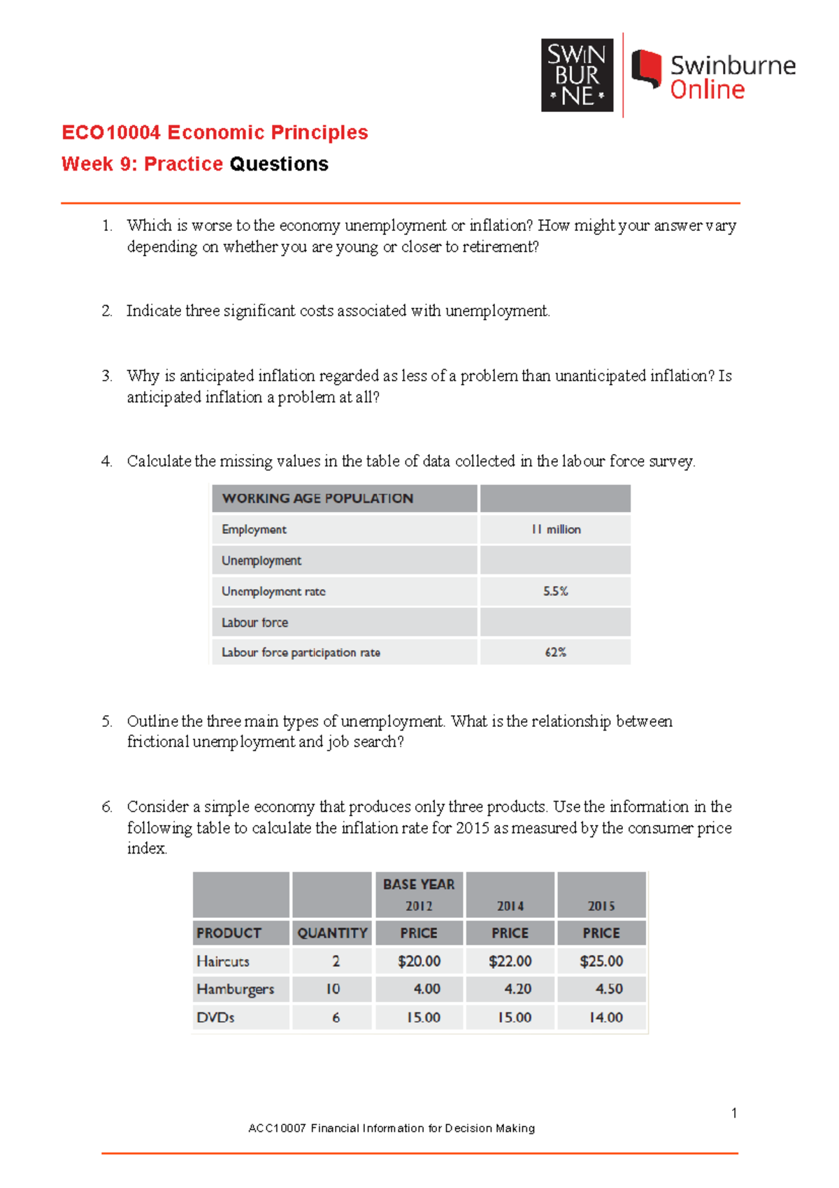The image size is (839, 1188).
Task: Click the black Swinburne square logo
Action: tap(577, 75)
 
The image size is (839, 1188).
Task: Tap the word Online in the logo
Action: tap(707, 90)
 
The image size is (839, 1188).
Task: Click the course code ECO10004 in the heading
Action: tap(111, 132)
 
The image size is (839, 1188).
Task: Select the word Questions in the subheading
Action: tap(278, 164)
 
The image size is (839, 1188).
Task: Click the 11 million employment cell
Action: tap(556, 530)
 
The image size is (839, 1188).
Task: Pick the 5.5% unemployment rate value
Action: tap(556, 591)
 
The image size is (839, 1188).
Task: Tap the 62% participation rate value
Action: tap(556, 652)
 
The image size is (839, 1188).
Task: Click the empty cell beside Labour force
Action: tap(556, 622)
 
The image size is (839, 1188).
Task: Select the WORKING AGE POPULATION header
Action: tap(317, 498)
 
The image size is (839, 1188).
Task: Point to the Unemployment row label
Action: tap(261, 560)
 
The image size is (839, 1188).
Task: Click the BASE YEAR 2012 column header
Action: tap(419, 894)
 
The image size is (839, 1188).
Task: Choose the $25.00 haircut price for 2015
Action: tap(601, 961)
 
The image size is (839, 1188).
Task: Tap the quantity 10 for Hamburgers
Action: tap(333, 989)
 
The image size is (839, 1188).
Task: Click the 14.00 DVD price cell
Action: tap(605, 1017)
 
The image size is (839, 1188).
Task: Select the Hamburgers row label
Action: tap(236, 989)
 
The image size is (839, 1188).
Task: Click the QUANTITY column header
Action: tap(332, 933)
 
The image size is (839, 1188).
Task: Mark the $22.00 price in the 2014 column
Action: tap(510, 961)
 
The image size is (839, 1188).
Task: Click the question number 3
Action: tap(106, 376)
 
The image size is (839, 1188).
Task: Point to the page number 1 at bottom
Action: tap(734, 1113)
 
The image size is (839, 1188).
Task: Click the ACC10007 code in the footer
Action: tap(277, 1129)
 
